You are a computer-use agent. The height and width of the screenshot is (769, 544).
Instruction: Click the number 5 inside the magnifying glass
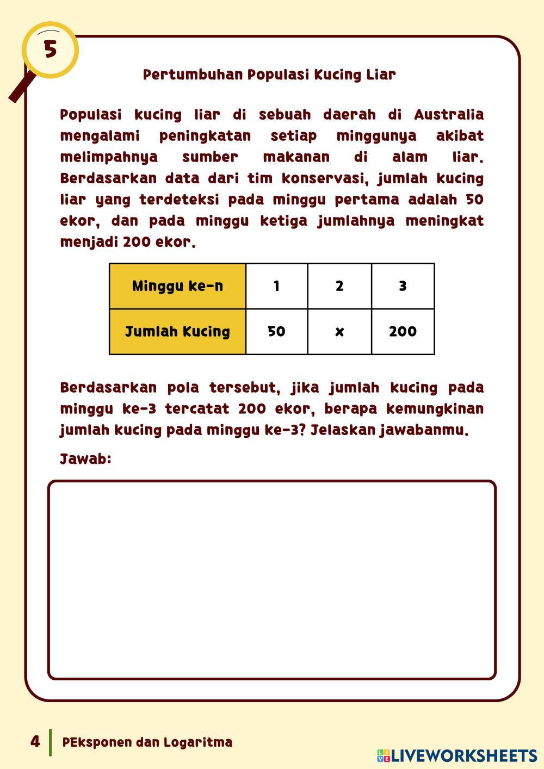point(50,49)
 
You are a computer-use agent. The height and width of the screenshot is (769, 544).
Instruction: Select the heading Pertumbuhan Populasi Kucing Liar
point(269,75)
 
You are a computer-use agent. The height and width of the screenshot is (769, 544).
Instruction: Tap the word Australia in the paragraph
point(449,115)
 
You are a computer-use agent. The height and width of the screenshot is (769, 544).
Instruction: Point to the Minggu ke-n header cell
point(177,286)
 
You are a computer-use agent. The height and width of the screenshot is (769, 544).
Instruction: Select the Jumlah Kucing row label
point(177,331)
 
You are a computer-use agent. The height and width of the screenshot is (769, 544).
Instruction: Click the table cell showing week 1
point(276,286)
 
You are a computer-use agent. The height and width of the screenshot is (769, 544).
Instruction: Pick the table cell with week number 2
point(339,286)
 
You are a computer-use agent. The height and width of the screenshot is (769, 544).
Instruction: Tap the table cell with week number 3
point(403,286)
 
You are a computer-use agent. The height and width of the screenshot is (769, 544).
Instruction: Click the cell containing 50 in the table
point(276,331)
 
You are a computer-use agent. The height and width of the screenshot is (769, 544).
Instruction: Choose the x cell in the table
point(339,331)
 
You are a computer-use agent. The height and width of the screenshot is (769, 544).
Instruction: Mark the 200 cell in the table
point(403,331)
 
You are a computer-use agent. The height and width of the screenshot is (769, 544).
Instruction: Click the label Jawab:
point(85,459)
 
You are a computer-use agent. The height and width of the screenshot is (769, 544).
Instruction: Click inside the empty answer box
point(272,580)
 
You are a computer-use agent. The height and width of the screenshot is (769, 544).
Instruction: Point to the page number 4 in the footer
point(35,742)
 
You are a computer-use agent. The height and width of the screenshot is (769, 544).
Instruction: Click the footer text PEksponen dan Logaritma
point(147,742)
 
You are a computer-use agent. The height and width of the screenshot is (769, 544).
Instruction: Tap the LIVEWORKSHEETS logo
point(457,755)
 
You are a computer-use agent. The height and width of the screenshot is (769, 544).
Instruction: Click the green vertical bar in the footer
point(51,742)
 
